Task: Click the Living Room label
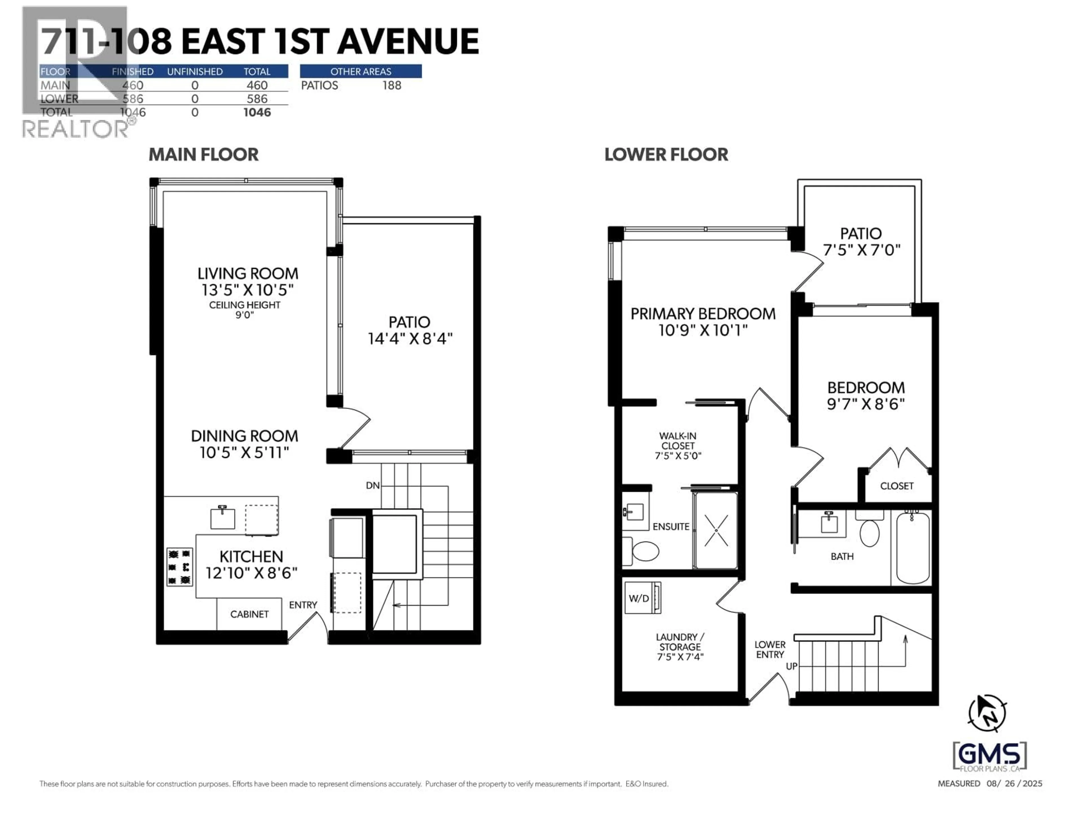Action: point(247,274)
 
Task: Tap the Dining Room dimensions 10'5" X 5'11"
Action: point(244,452)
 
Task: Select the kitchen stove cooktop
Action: point(179,567)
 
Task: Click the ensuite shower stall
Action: point(715,531)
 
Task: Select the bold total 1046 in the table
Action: point(257,113)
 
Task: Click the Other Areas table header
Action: point(360,71)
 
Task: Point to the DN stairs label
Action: point(373,486)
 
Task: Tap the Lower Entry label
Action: point(770,650)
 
